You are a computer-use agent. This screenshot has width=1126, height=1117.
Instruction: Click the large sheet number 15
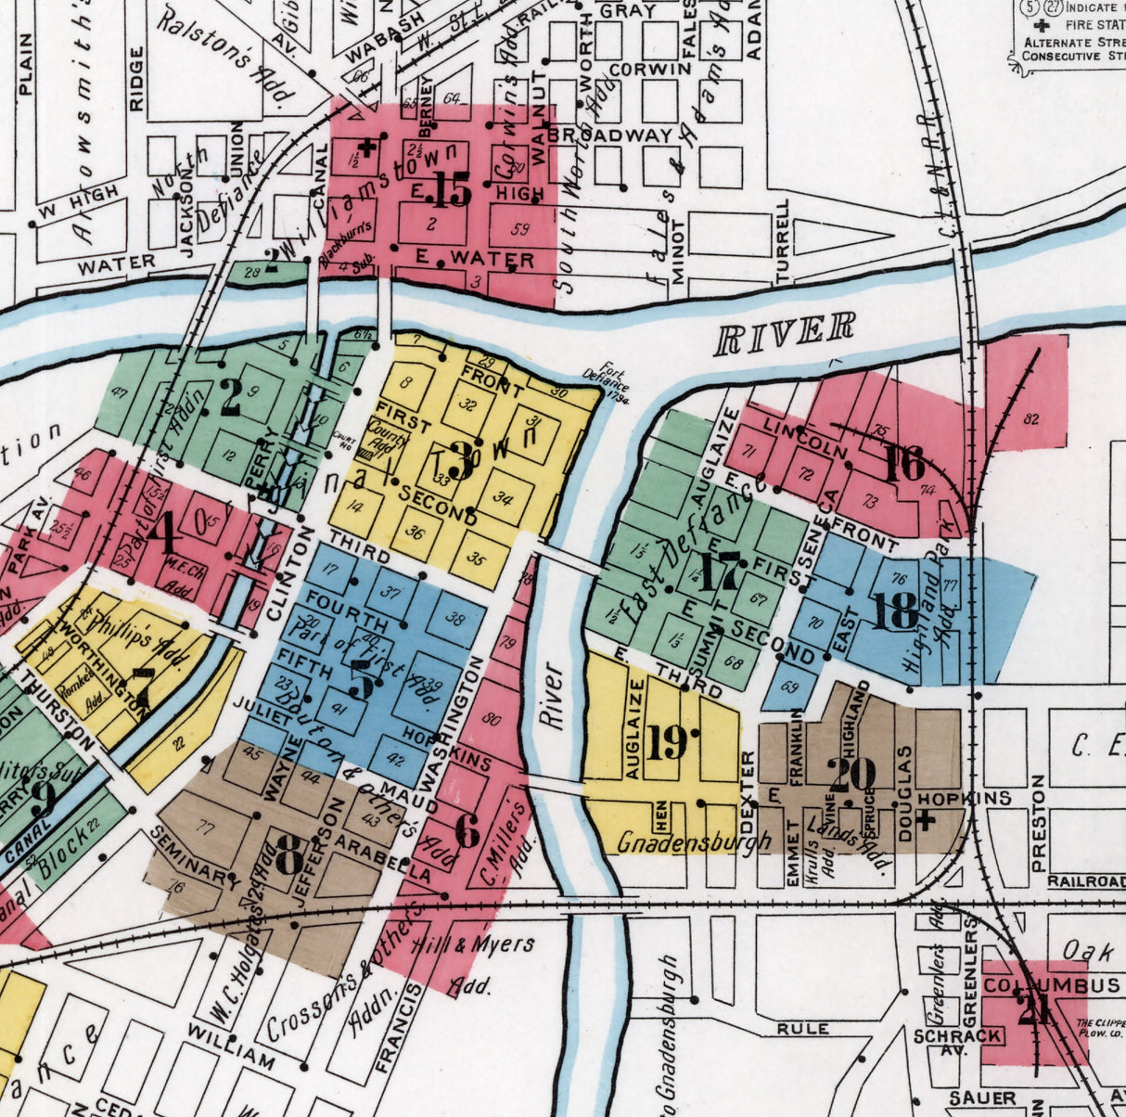(x=453, y=191)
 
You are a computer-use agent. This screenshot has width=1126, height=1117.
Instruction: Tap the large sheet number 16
(x=903, y=464)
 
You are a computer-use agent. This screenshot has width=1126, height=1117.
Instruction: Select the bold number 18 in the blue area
(x=895, y=611)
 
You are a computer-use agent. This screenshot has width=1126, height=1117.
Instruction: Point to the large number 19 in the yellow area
(x=667, y=742)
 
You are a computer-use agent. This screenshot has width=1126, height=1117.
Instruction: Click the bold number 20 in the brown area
(x=851, y=775)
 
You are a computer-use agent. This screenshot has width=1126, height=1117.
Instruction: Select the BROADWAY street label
(x=609, y=135)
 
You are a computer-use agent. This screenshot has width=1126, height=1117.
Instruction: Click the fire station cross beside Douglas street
(x=925, y=820)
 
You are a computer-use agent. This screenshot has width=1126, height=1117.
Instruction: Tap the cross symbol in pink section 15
(x=367, y=147)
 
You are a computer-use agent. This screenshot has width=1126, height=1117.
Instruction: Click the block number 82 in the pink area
(x=1030, y=418)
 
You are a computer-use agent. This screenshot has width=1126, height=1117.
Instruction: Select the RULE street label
(x=803, y=1029)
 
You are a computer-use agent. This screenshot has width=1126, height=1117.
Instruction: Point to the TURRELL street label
(x=784, y=239)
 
